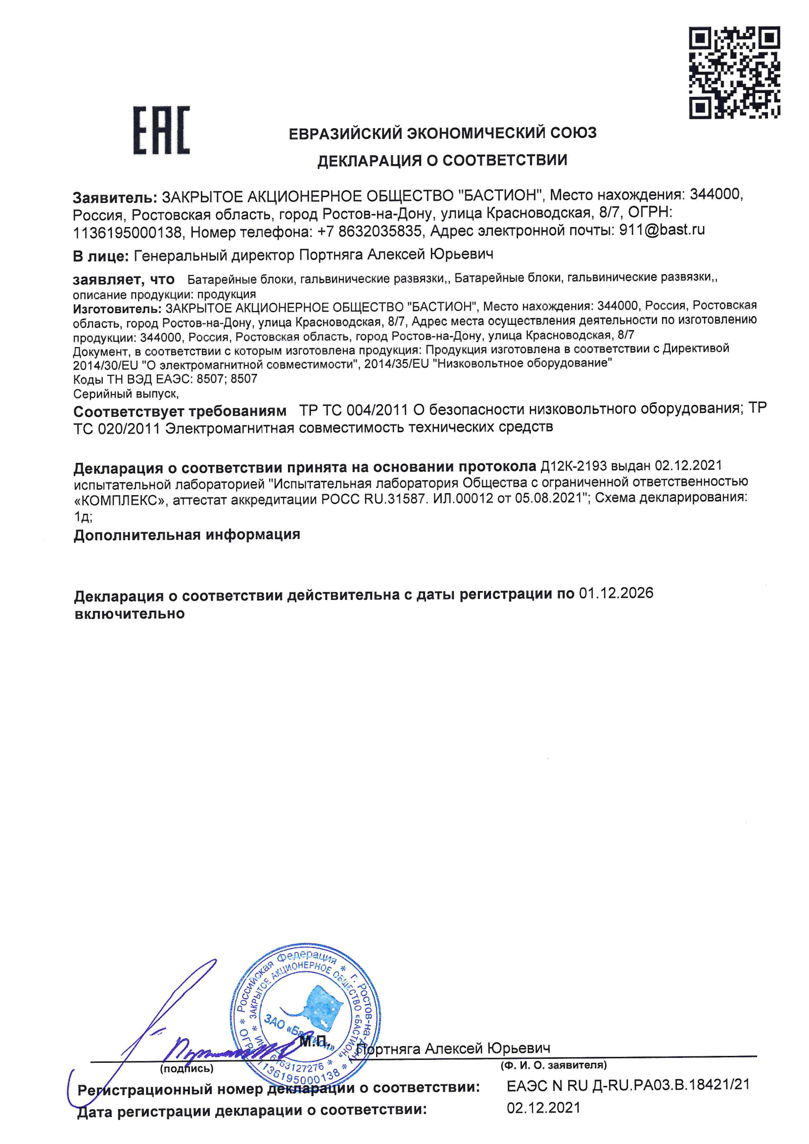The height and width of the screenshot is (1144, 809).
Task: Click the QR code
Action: (x=734, y=73)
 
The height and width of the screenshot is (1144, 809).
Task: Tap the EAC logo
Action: (x=161, y=130)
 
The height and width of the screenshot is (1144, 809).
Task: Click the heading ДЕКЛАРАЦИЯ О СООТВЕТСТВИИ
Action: (x=442, y=160)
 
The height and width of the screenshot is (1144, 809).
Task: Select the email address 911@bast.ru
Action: (x=662, y=229)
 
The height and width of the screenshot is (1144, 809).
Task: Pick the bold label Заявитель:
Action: (x=115, y=198)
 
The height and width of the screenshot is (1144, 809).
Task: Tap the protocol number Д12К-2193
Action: (x=573, y=466)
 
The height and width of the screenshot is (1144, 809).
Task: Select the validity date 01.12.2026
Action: (x=616, y=593)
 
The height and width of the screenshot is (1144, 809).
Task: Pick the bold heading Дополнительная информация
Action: (x=187, y=535)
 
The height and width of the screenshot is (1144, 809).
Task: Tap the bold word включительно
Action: (x=130, y=614)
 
